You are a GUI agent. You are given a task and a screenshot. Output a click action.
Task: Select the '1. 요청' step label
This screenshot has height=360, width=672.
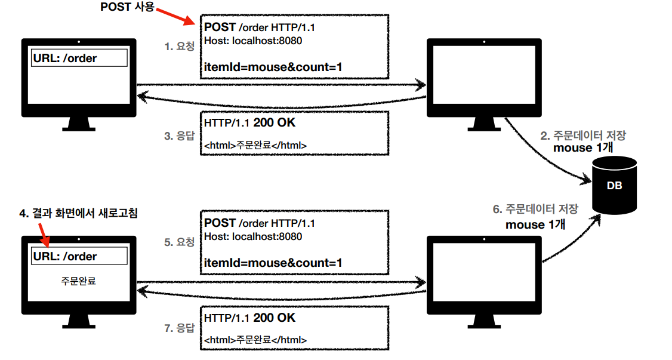(x=180, y=46)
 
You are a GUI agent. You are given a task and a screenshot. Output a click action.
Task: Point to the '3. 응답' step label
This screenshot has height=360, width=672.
(x=180, y=136)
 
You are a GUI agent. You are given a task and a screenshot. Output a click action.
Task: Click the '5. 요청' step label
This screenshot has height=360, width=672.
(x=180, y=242)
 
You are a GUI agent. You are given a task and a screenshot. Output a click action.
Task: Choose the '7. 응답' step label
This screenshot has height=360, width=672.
(x=180, y=328)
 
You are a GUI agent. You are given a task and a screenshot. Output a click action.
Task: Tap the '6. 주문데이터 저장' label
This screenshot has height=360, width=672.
(x=535, y=210)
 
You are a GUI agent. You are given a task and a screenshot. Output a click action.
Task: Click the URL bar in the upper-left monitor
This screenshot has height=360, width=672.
(x=79, y=58)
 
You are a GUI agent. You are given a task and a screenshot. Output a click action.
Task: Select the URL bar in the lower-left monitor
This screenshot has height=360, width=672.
(x=79, y=256)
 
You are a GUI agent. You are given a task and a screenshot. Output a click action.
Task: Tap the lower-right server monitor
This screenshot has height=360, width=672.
(x=484, y=275)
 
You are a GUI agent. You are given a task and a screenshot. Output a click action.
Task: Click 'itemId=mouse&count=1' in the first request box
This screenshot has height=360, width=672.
(x=273, y=67)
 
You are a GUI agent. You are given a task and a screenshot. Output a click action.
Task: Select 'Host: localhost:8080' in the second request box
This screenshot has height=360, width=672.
(x=253, y=236)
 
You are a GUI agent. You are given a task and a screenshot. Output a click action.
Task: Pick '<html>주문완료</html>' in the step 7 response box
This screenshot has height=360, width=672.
(x=255, y=340)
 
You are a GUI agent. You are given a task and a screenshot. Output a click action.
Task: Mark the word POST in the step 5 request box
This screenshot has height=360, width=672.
(x=220, y=223)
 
